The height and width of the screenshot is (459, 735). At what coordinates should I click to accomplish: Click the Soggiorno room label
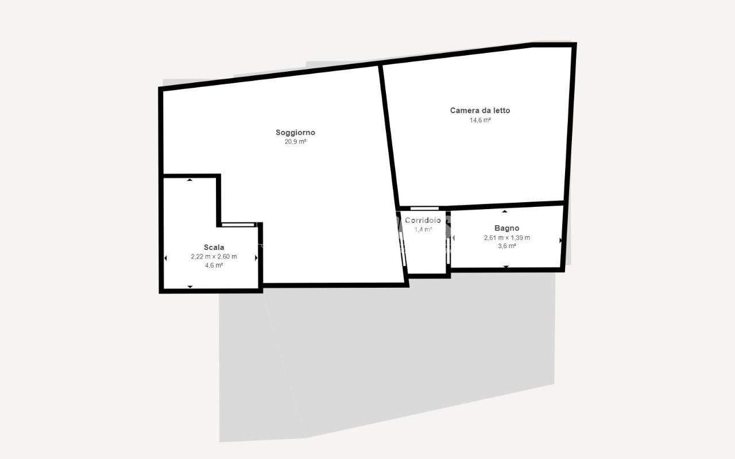pyautogui.click(x=295, y=133)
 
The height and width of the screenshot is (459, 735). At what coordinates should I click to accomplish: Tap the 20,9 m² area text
pyautogui.click(x=295, y=142)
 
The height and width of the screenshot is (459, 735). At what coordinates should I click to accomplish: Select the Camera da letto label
pyautogui.click(x=480, y=111)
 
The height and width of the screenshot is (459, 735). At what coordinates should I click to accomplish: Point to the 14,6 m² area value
pyautogui.click(x=480, y=120)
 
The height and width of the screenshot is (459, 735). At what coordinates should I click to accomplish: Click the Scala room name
pyautogui.click(x=214, y=247)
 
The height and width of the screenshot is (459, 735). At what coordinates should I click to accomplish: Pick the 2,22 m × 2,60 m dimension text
pyautogui.click(x=214, y=257)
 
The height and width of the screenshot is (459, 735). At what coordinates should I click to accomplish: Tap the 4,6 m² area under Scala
pyautogui.click(x=214, y=265)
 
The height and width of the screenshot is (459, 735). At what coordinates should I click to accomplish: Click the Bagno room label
pyautogui.click(x=506, y=228)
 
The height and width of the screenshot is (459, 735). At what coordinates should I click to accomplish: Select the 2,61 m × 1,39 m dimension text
pyautogui.click(x=506, y=238)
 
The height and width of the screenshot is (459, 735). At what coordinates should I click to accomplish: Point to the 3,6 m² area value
pyautogui.click(x=506, y=246)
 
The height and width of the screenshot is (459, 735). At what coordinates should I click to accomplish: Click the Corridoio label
pyautogui.click(x=423, y=220)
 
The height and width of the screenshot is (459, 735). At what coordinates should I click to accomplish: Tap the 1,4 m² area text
pyautogui.click(x=423, y=230)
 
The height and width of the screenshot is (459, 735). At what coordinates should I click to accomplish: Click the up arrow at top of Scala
pyautogui.click(x=189, y=180)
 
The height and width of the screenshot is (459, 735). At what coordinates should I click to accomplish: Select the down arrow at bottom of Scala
pyautogui.click(x=190, y=287)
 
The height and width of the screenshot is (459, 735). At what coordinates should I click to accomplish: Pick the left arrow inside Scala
pyautogui.click(x=165, y=258)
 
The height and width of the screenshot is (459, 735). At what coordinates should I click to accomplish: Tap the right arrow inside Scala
pyautogui.click(x=256, y=258)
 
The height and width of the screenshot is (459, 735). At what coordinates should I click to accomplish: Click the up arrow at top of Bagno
pyautogui.click(x=505, y=211)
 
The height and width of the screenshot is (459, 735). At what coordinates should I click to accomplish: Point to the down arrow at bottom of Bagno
pyautogui.click(x=506, y=267)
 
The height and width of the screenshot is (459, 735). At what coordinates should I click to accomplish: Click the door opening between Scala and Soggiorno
pyautogui.click(x=238, y=225)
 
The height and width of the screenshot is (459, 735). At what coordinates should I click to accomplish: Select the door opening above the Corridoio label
pyautogui.click(x=424, y=209)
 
